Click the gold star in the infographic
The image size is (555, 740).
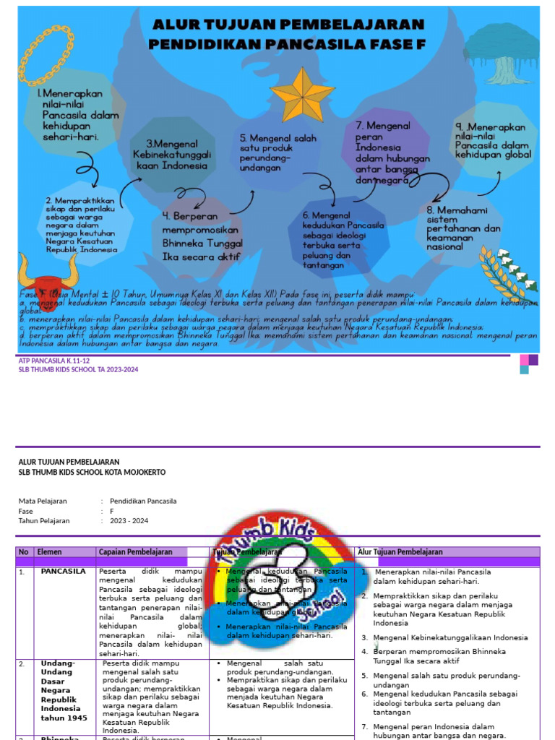[302, 95]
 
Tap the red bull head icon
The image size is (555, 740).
[48, 278]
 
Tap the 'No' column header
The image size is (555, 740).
[24, 552]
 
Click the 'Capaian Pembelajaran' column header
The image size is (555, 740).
[136, 552]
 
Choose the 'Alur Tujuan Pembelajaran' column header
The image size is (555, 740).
[400, 552]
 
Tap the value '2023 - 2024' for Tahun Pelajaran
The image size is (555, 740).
[129, 521]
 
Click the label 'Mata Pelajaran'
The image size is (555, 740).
[43, 501]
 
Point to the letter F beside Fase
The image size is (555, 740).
[112, 511]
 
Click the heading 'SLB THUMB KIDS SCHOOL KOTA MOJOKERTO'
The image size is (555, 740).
[92, 472]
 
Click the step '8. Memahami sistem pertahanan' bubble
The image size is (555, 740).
[463, 228]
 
